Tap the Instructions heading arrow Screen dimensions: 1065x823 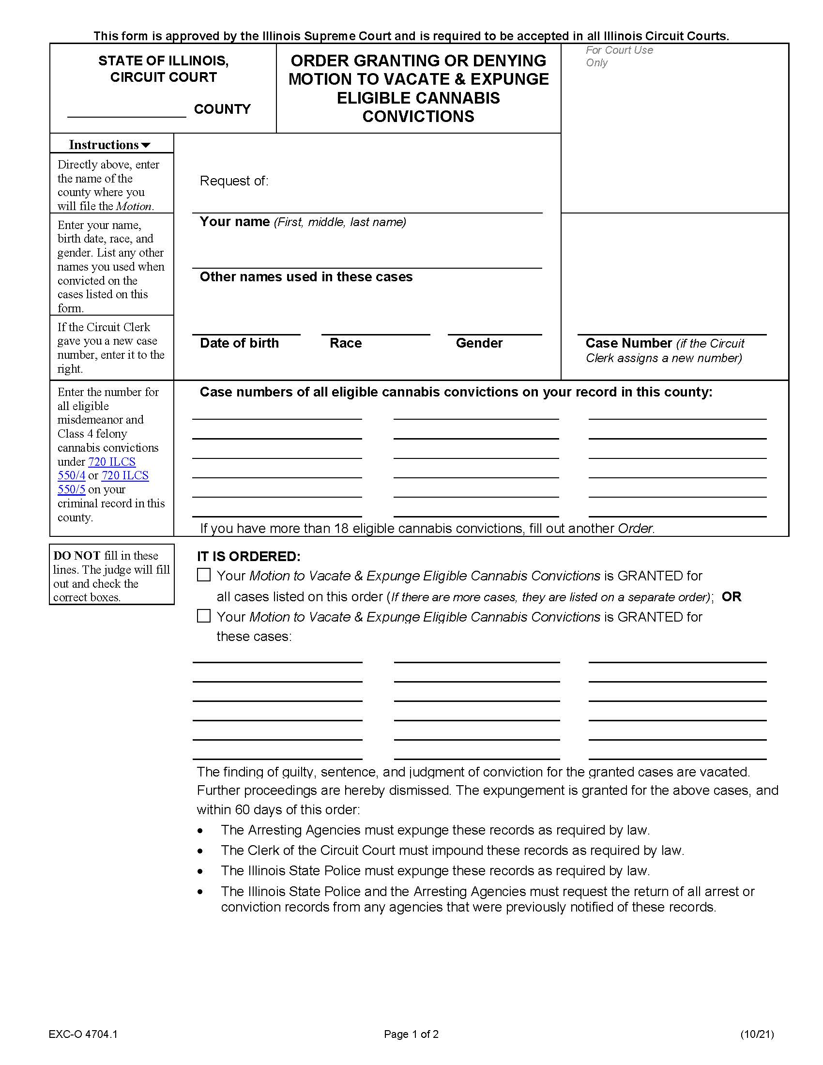pos(146,145)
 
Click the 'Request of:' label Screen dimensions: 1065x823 pos(234,181)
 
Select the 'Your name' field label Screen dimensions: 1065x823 pos(234,222)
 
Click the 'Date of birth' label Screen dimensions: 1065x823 pos(239,343)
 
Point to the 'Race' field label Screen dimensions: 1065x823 pos(345,343)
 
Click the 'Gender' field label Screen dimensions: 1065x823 pos(479,343)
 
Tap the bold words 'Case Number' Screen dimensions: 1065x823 pos(628,343)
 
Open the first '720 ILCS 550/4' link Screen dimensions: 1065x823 pos(112,461)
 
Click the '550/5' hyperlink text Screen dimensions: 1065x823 pos(71,489)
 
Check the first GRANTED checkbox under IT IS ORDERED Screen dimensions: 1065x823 pos(204,575)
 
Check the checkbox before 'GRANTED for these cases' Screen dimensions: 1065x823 pos(204,616)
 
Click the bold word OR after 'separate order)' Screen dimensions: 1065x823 pos(731,596)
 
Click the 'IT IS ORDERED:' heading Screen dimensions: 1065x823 pos(249,556)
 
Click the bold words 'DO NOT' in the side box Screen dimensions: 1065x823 pos(76,555)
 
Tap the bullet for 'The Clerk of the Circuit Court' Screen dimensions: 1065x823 pos(200,851)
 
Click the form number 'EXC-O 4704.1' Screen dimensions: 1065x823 pos(83,1034)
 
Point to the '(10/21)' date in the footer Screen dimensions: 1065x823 pos(757,1034)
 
